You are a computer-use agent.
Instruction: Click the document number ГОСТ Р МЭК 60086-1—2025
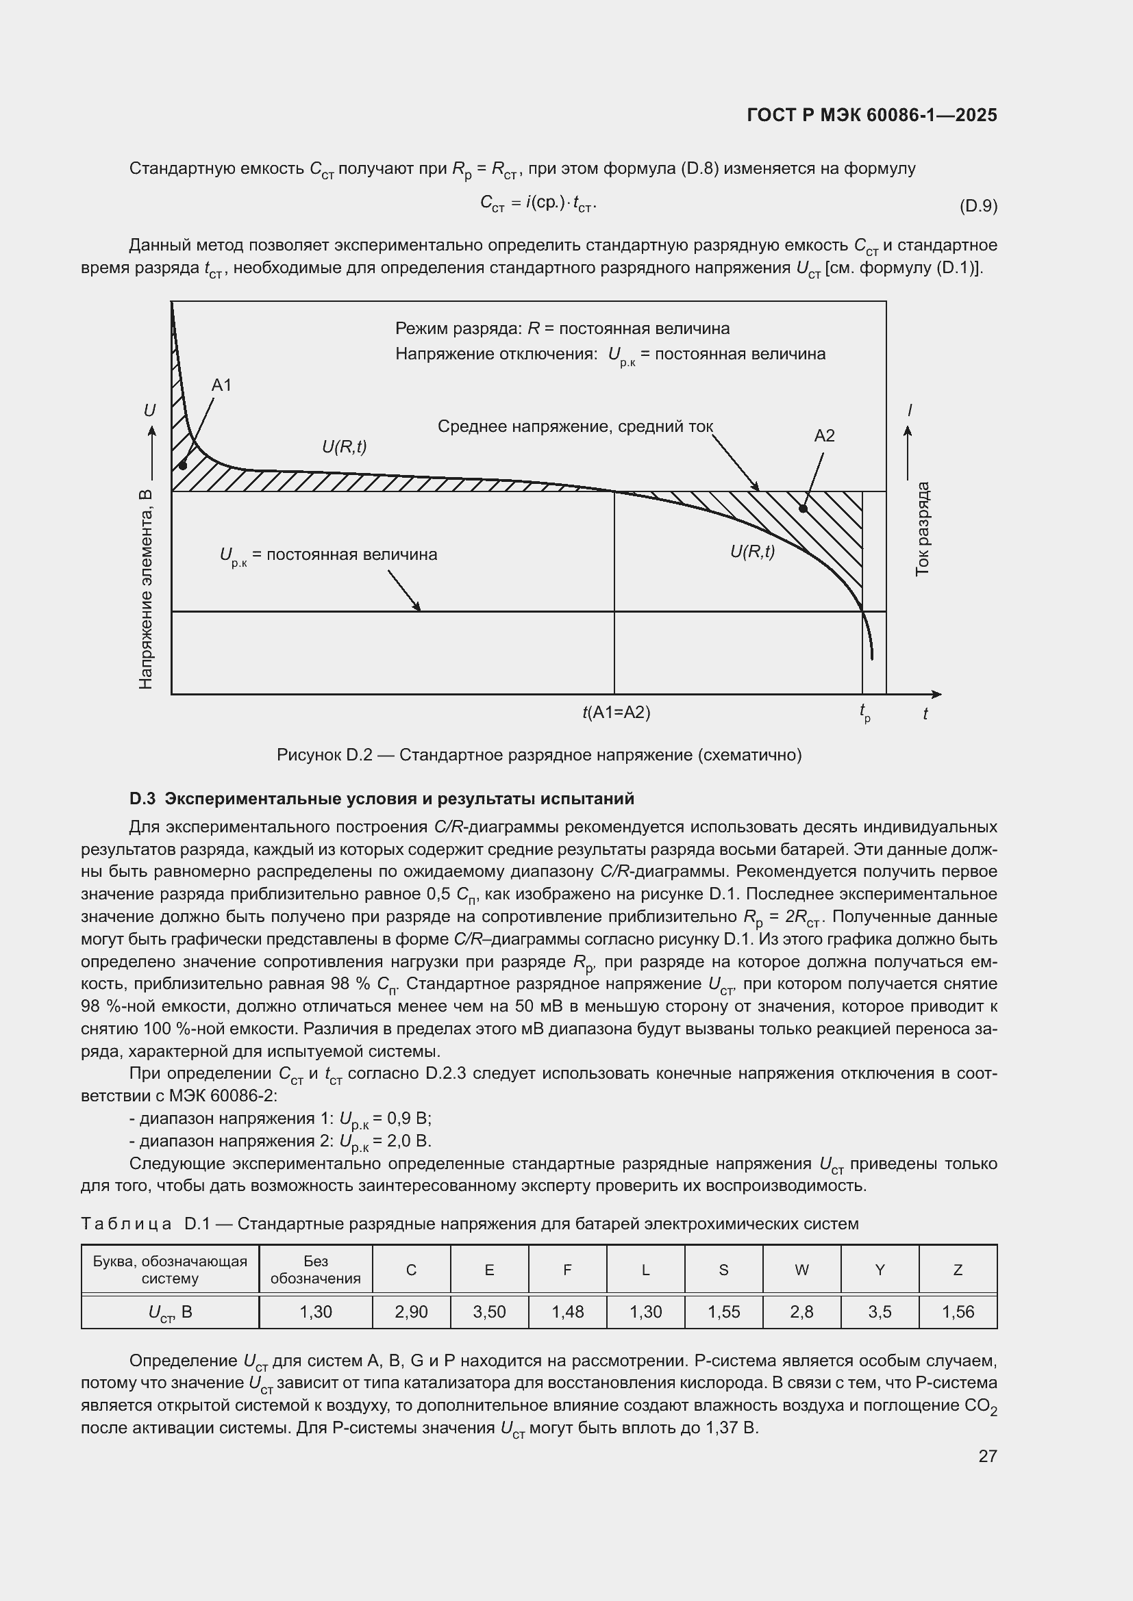[871, 115]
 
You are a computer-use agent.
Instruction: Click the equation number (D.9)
[978, 206]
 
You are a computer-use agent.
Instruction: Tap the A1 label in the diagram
[221, 385]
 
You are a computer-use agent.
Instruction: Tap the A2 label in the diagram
[824, 437]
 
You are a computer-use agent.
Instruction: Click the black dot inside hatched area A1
[183, 465]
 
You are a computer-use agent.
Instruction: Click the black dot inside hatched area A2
[803, 509]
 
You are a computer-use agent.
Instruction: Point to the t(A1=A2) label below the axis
[616, 713]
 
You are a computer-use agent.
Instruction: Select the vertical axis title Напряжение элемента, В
[146, 590]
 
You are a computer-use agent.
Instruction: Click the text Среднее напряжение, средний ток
[575, 426]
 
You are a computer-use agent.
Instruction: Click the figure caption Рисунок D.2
[538, 755]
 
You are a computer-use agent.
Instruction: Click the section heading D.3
[382, 798]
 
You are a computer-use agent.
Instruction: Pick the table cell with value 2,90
[411, 1312]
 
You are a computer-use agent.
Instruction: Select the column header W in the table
[801, 1270]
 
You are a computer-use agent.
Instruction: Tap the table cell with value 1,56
[958, 1312]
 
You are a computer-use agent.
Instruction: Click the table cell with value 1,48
[567, 1312]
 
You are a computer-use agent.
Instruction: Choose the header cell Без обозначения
[315, 1270]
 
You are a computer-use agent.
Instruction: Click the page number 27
[987, 1457]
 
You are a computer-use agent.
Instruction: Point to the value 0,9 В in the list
[408, 1119]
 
